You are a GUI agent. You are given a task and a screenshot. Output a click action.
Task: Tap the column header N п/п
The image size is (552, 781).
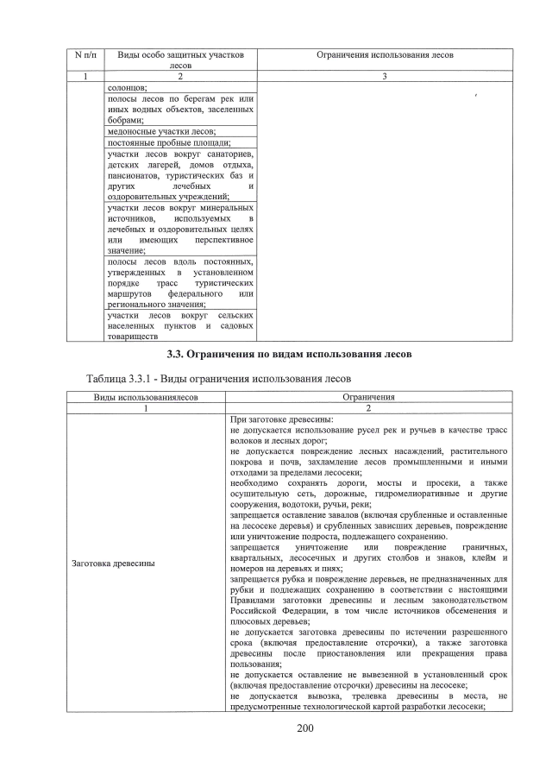coord(86,55)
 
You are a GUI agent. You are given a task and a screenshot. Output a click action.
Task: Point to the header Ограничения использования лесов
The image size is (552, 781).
coord(385,55)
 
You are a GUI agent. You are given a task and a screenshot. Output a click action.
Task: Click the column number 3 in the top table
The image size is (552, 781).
coord(385,77)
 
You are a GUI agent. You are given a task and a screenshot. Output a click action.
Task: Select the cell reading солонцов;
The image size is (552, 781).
coord(128,88)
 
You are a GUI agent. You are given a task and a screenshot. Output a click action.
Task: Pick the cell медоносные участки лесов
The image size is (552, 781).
coord(161,131)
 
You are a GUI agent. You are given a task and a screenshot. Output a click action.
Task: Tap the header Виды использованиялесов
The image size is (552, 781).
coord(147,397)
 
